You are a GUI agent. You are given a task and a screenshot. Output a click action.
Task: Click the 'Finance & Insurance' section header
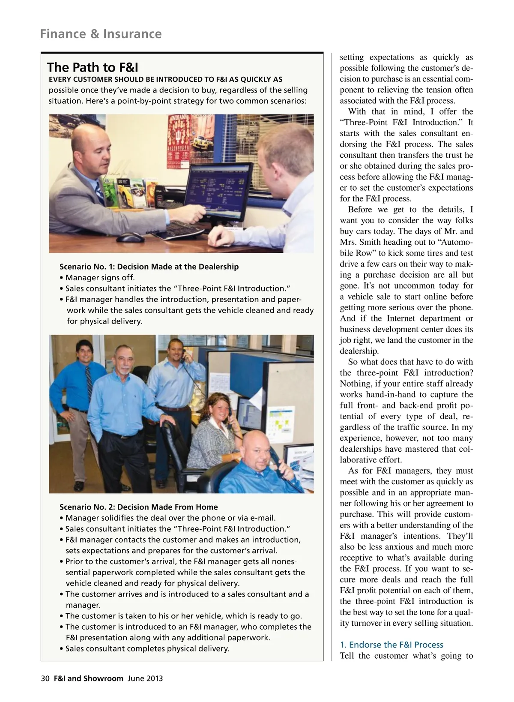[101, 34]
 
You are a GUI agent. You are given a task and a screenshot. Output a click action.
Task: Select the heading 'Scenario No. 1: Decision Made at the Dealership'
[149, 267]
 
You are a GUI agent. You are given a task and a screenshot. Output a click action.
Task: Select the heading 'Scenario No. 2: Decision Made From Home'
[138, 507]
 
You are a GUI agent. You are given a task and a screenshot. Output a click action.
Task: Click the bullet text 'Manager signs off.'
[100, 278]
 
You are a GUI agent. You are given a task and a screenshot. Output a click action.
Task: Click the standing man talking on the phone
[176, 377]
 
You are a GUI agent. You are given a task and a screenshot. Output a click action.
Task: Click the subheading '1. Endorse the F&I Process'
[391, 645]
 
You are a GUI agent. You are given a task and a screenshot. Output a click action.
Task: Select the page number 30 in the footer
[45, 678]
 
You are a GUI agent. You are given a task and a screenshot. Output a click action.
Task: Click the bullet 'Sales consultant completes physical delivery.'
[147, 648]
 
